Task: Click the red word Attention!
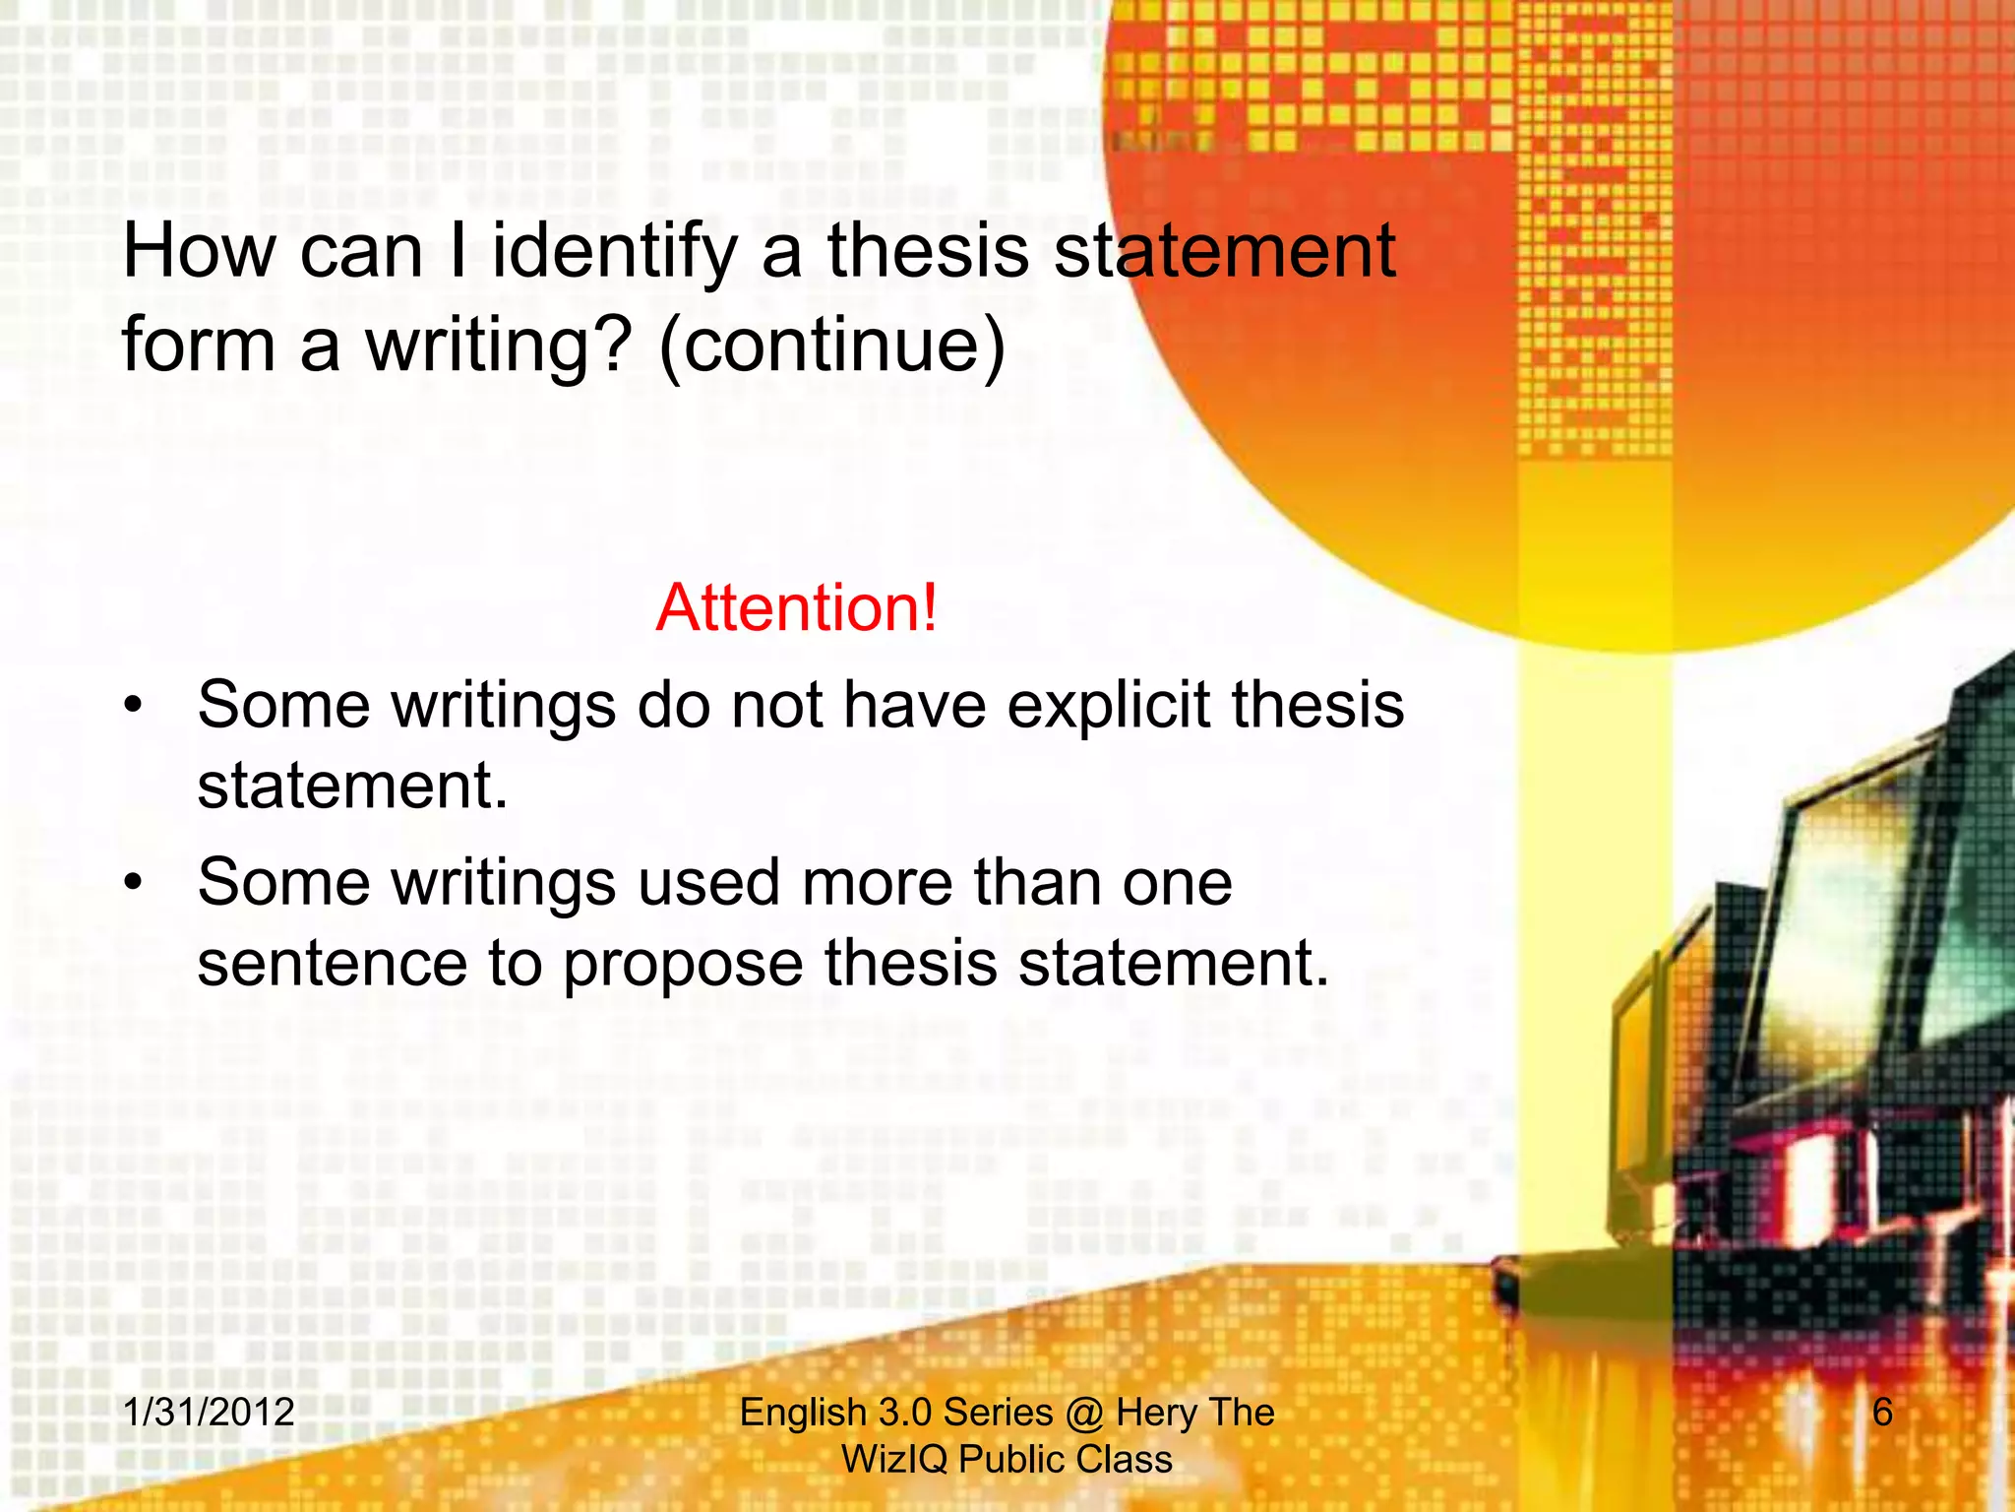(x=796, y=607)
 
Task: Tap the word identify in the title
(x=614, y=252)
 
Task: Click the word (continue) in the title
(x=832, y=346)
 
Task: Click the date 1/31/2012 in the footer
(x=209, y=1413)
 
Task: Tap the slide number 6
(x=1881, y=1413)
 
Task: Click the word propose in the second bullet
(x=683, y=963)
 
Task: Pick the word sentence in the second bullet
(x=332, y=963)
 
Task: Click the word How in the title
(x=200, y=252)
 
